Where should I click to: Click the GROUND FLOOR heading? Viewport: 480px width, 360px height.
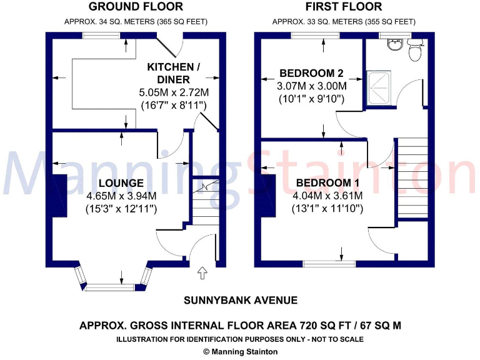pos(136,7)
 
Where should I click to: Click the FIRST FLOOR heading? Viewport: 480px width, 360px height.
pos(343,7)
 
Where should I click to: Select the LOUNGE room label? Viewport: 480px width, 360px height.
pos(121,183)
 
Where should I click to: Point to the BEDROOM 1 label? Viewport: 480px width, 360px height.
pos(328,183)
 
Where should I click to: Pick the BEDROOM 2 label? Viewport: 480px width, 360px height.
pos(311,72)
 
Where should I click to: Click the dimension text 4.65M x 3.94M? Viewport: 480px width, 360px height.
pos(121,196)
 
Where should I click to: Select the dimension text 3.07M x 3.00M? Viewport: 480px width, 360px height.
pos(311,86)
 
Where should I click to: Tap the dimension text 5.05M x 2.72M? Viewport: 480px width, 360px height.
pos(173,92)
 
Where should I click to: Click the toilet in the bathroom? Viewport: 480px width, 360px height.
pos(414,51)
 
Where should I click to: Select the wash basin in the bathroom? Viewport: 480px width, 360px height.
pos(394,44)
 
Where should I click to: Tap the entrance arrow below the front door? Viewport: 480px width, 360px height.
pos(202,273)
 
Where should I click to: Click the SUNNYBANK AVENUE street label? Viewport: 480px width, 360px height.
pos(240,300)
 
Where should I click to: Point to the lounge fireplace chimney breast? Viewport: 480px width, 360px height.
pos(60,196)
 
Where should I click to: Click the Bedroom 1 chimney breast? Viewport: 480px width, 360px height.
pos(269,196)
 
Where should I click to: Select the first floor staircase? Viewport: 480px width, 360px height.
pos(411,178)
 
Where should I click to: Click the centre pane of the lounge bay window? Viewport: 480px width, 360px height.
pos(110,287)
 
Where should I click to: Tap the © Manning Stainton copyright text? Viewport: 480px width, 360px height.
pos(240,352)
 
